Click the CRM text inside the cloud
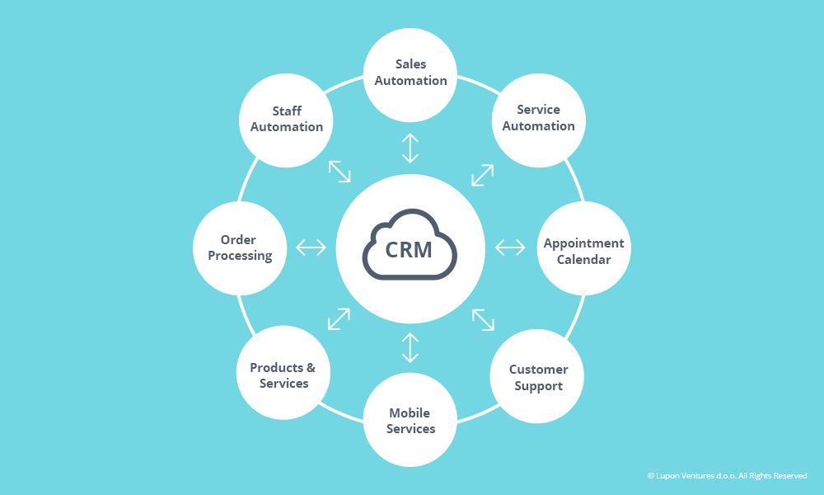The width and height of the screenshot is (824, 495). [x=410, y=249]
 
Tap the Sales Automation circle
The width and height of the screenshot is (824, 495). [x=410, y=73]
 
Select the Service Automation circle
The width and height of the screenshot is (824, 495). [x=538, y=118]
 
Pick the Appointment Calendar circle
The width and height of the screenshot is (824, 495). [x=583, y=251]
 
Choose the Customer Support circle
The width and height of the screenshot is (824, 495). [x=538, y=377]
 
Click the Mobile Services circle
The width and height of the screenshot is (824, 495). [x=410, y=420]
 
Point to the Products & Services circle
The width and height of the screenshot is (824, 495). [x=283, y=375]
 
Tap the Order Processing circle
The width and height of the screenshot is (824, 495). [x=240, y=248]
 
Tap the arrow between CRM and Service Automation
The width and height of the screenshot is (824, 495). [x=482, y=175]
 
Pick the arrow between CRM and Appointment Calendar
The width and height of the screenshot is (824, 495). [x=510, y=247]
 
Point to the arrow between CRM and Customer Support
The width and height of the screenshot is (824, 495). [x=483, y=319]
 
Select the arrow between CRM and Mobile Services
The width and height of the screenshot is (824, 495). [x=410, y=347]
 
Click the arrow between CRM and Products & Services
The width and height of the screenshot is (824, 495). [x=339, y=319]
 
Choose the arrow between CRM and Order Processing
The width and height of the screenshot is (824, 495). [x=311, y=247]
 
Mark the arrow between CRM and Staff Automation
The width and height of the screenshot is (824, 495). [x=339, y=171]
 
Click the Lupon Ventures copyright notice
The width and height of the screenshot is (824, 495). [x=727, y=476]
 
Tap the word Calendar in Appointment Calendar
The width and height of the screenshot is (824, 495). [x=583, y=260]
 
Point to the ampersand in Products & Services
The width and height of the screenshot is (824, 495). [x=310, y=368]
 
